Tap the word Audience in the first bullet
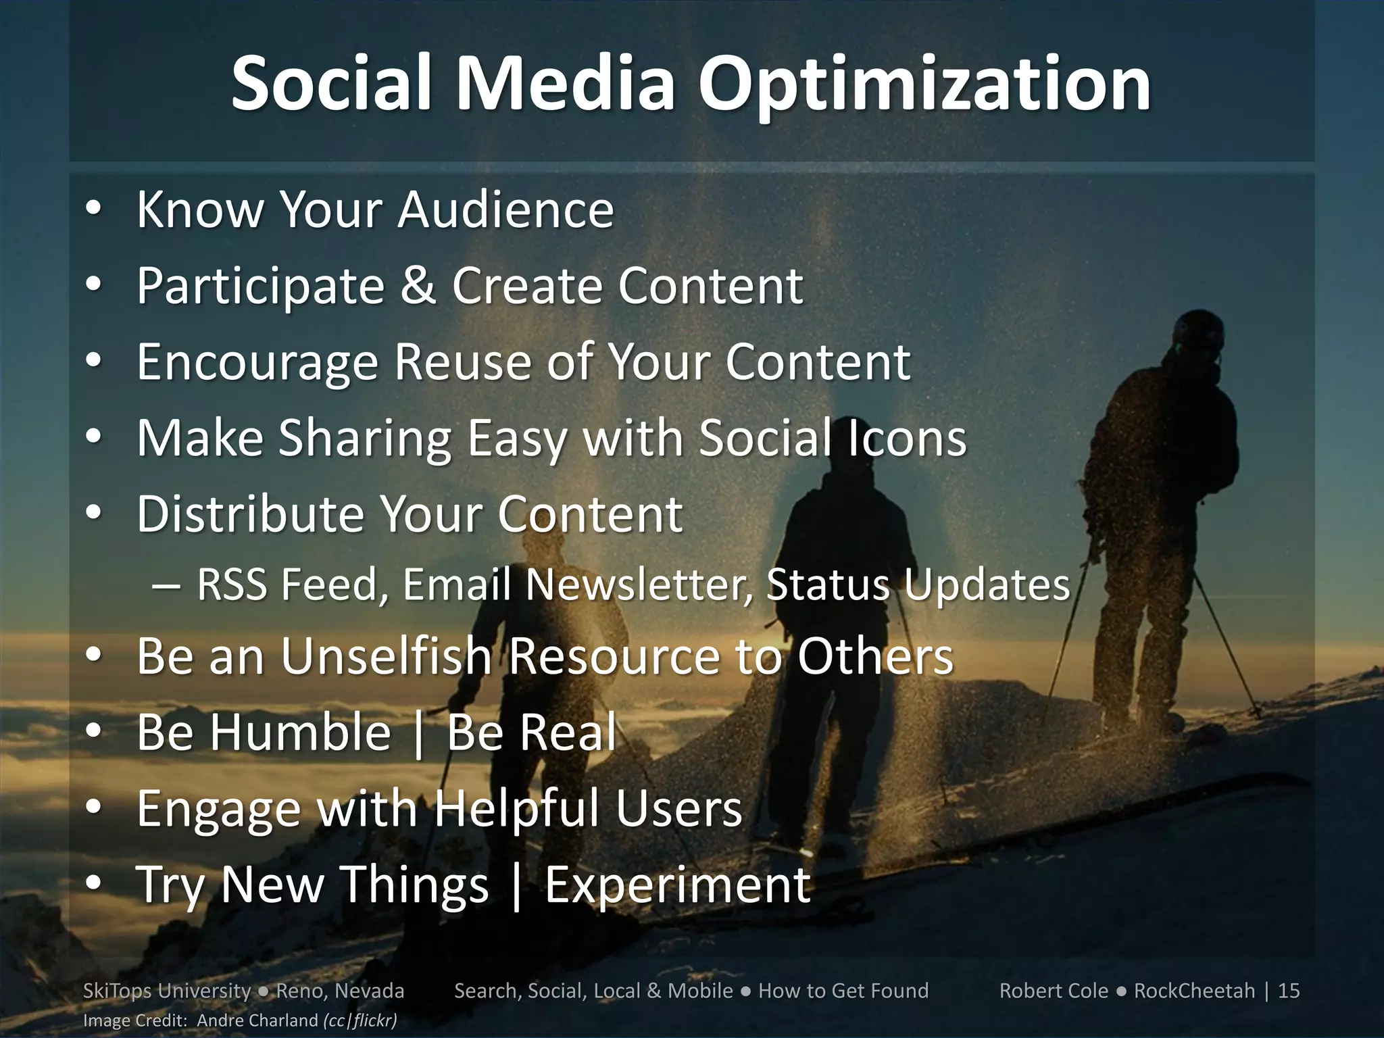click(x=505, y=209)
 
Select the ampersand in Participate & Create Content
click(x=417, y=286)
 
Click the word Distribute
click(x=250, y=514)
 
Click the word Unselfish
click(x=386, y=656)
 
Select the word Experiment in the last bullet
click(x=677, y=885)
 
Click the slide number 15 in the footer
click(x=1289, y=991)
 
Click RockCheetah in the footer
click(x=1194, y=991)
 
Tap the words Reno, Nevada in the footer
click(x=341, y=991)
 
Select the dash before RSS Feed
click(x=166, y=586)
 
